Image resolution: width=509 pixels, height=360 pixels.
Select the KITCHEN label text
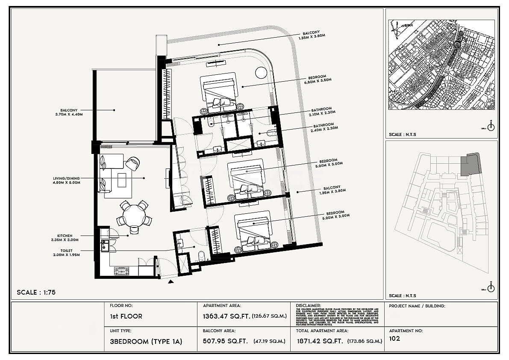coord(65,236)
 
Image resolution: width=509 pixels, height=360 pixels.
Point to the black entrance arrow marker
coord(171,281)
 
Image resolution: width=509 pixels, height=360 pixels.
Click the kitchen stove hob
coord(121,270)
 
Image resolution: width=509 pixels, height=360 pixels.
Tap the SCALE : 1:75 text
coord(36,293)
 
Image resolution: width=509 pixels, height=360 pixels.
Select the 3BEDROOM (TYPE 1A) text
coord(146,341)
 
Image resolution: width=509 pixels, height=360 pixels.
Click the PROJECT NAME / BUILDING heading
coord(417,306)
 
